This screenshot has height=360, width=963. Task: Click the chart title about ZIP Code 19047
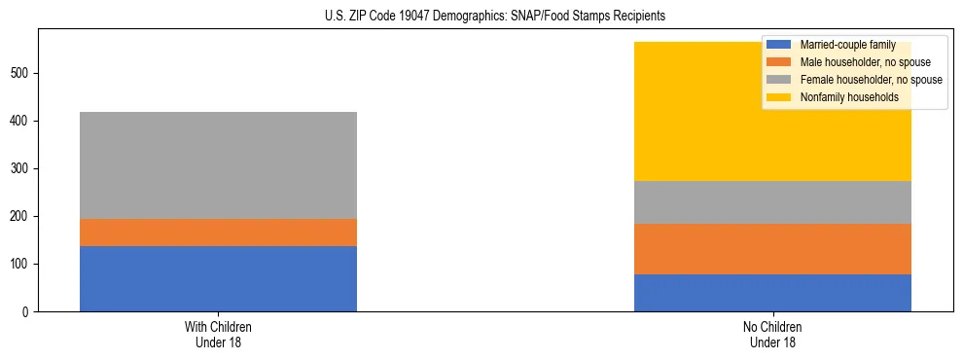pos(495,16)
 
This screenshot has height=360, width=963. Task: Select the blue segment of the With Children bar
pos(218,278)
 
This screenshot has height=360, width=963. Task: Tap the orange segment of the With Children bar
pos(218,233)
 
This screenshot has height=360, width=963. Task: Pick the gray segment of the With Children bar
pos(218,165)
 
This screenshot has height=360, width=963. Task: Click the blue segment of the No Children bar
pos(772,293)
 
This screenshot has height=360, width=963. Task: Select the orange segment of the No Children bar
pos(772,249)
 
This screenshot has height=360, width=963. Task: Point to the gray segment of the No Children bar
pos(772,202)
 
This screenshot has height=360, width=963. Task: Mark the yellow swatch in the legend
pos(779,97)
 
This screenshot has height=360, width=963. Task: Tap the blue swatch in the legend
pos(779,45)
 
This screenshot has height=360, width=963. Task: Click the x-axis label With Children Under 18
pos(218,334)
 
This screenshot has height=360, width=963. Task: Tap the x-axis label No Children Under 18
pos(772,334)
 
